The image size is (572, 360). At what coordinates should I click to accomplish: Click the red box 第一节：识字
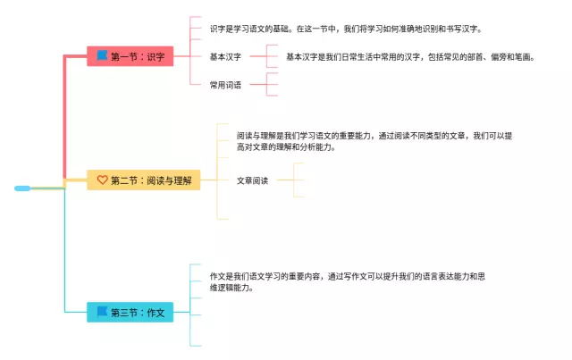pyautogui.click(x=130, y=56)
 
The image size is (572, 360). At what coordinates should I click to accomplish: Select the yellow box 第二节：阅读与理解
pyautogui.click(x=143, y=180)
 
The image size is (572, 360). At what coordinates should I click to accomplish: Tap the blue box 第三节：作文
pyautogui.click(x=130, y=313)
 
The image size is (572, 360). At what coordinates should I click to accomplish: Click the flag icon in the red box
pyautogui.click(x=102, y=55)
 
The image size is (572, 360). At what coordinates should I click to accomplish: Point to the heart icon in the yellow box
pyautogui.click(x=103, y=180)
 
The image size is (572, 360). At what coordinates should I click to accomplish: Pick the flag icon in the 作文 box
pyautogui.click(x=102, y=312)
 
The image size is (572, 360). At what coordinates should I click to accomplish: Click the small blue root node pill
pyautogui.click(x=22, y=188)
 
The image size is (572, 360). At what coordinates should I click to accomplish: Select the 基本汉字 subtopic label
pyautogui.click(x=225, y=57)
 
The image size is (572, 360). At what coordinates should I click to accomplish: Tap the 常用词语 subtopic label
pyautogui.click(x=225, y=85)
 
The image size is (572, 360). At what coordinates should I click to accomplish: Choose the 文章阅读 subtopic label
pyautogui.click(x=252, y=180)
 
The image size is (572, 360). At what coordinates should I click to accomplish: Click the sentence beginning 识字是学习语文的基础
pyautogui.click(x=346, y=29)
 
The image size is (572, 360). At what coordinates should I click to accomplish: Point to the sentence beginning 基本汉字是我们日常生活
pyautogui.click(x=410, y=57)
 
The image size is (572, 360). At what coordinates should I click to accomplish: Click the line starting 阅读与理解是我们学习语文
pyautogui.click(x=374, y=136)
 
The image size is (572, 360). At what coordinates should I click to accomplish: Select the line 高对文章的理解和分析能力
pyautogui.click(x=286, y=147)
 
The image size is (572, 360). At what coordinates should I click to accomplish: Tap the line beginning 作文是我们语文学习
pyautogui.click(x=348, y=276)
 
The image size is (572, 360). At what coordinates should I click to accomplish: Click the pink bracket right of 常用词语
pyautogui.click(x=267, y=84)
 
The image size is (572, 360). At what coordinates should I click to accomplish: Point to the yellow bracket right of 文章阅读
pyautogui.click(x=294, y=180)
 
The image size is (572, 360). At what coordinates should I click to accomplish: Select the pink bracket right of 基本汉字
pyautogui.click(x=267, y=56)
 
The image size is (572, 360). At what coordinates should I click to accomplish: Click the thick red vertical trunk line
pyautogui.click(x=64, y=117)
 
